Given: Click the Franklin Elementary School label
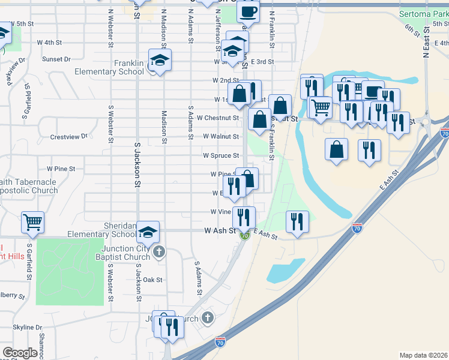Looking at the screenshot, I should point(109,67).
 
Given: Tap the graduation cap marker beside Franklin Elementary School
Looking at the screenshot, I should point(160,60).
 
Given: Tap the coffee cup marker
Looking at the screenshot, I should point(248,11).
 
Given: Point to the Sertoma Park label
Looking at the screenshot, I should point(423,13).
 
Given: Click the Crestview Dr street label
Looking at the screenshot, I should point(69,137).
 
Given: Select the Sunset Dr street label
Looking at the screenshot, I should point(56,59).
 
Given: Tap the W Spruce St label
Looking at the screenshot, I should point(221,155).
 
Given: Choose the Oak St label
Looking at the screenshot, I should point(152,280).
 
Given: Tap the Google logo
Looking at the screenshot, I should point(20,353).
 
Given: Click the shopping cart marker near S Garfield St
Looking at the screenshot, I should point(32,221).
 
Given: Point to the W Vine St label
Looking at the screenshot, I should point(221,212).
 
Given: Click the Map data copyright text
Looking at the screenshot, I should point(424,355).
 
